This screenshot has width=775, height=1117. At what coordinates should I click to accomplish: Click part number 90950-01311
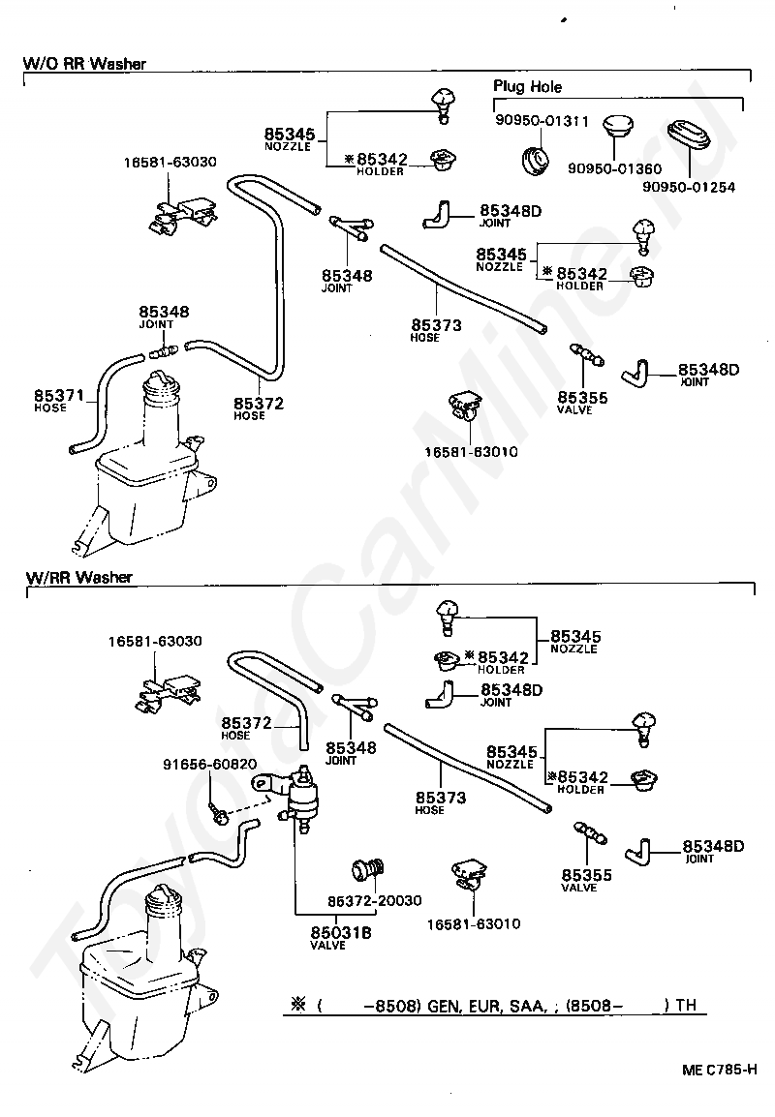pos(542,121)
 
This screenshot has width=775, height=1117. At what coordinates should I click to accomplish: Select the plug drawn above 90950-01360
pos(617,131)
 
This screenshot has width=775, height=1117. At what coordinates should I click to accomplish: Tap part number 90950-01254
pos(689,188)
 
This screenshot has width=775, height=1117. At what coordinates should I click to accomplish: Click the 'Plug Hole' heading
pos(528,87)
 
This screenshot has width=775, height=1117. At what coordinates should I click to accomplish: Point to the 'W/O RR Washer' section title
pos(85,64)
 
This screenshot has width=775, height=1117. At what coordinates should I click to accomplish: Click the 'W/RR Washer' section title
pos(79,577)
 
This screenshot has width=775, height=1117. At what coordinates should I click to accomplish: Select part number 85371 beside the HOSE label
pos(59,395)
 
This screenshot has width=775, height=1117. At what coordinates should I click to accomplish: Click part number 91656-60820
pos(209,765)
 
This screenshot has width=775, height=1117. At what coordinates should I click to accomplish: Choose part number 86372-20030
pos(375,900)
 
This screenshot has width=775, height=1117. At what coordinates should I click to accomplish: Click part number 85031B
pos(341,932)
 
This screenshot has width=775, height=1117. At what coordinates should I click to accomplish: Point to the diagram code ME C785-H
pos(720,1070)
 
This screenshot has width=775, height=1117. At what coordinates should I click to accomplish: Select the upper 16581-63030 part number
pos(170,163)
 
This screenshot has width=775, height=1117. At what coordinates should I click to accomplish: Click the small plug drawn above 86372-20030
pos(368,870)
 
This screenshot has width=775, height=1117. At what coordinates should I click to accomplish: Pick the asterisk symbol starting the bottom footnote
pos(298,1005)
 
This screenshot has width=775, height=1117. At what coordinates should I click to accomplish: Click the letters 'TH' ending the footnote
pos(686,1005)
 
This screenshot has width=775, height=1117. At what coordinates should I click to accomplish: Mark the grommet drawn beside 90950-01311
pos(534,160)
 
